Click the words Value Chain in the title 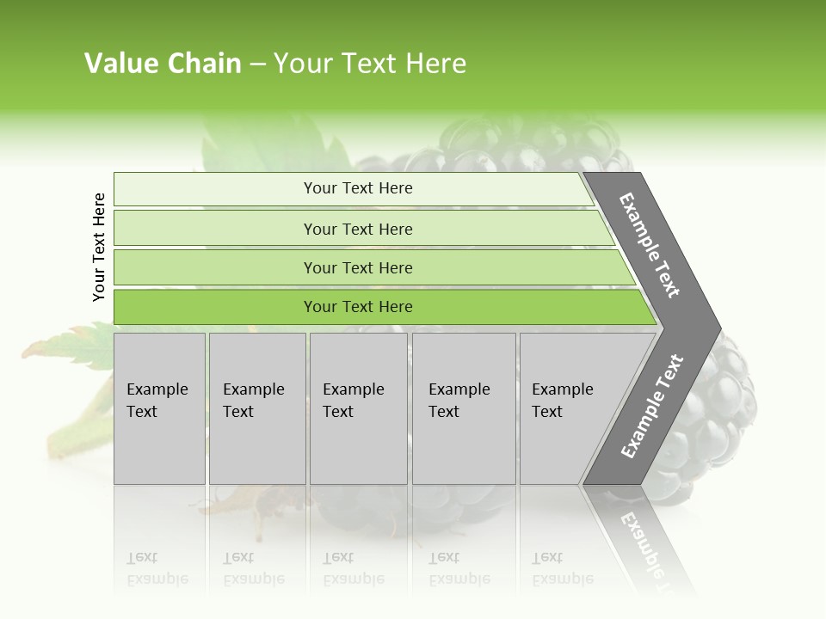pos(163,64)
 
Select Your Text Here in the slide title pos(370,64)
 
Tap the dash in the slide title pos(257,64)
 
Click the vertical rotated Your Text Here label pos(99,247)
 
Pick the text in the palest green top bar pos(358,188)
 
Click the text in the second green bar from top pos(358,229)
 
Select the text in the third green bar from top pos(358,267)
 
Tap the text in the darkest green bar pos(358,307)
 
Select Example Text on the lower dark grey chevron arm pos(652,406)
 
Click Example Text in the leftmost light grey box pos(157,401)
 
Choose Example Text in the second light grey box pos(253,401)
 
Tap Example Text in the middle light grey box pos(353,401)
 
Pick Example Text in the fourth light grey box pos(459,401)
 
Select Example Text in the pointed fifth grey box pos(562,401)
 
